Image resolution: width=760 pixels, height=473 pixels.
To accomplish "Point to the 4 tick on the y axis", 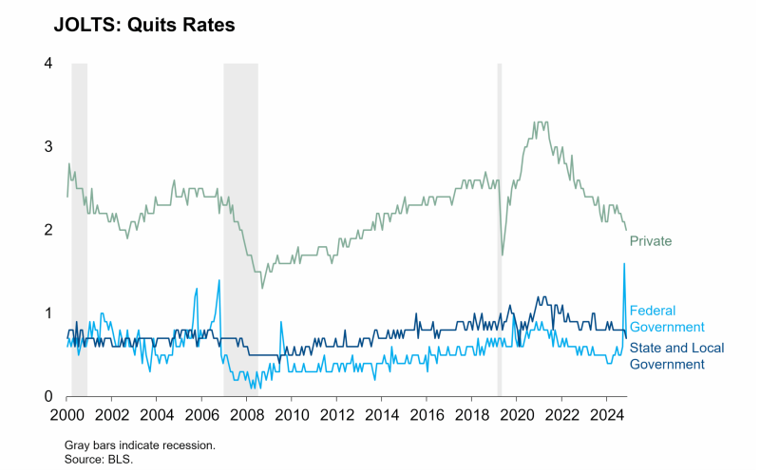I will [47, 63].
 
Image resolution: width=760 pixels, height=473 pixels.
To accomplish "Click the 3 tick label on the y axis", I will [47, 146].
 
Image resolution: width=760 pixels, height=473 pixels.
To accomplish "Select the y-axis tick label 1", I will [47, 313].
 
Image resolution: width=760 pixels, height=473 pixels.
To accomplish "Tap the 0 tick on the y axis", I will [47, 396].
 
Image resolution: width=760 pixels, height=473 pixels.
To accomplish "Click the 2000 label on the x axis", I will [66, 415].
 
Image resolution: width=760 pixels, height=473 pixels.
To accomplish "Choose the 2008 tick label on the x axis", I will [246, 415].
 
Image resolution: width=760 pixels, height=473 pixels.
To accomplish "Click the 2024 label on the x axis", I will [606, 415].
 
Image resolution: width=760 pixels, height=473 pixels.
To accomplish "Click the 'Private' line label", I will [651, 241].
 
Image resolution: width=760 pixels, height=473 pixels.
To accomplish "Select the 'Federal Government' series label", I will [666, 318].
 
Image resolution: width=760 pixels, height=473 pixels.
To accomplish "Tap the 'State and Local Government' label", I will [676, 356].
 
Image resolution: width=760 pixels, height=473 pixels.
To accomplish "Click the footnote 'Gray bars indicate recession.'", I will [140, 445].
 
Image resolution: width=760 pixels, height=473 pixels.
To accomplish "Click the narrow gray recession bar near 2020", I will [500, 228].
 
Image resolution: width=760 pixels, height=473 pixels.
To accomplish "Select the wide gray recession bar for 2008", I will [240, 228].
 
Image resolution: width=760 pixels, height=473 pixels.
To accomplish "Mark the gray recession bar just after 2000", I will [79, 228].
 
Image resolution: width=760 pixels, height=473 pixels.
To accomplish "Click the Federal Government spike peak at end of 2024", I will [624, 264].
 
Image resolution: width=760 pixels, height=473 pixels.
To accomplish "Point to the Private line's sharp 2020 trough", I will [503, 255].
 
